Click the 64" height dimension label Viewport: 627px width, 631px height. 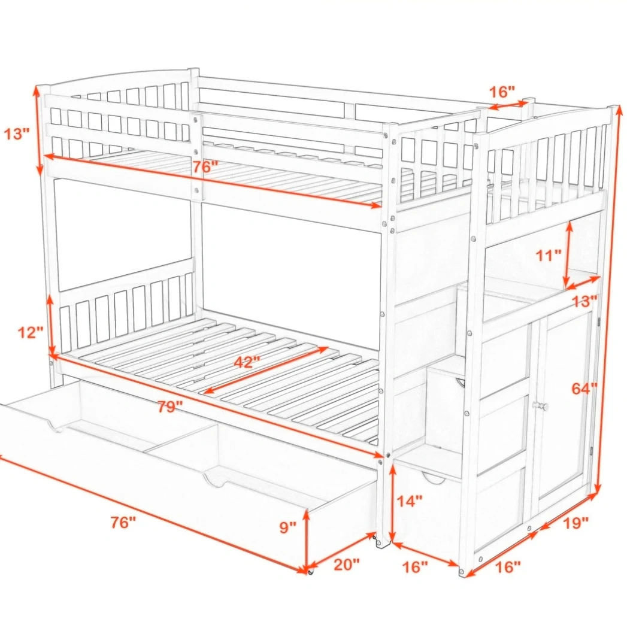point(584,389)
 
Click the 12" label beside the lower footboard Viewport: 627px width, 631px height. point(31,332)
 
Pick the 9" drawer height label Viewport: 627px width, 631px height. point(287,527)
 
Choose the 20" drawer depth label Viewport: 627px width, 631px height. point(347,564)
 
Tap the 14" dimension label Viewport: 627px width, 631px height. point(410,501)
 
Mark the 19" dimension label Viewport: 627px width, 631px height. point(575,523)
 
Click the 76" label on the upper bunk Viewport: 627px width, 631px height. point(205,166)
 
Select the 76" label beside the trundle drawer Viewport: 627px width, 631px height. point(123,523)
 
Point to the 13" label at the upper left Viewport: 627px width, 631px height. point(17,134)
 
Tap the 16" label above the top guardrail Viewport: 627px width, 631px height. point(502,92)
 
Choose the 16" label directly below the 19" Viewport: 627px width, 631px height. point(507,567)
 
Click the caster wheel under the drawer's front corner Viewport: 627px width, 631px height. point(310,571)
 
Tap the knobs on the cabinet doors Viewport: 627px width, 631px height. point(541,406)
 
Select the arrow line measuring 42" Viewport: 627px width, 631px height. point(266,370)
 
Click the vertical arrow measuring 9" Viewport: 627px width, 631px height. point(307,539)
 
